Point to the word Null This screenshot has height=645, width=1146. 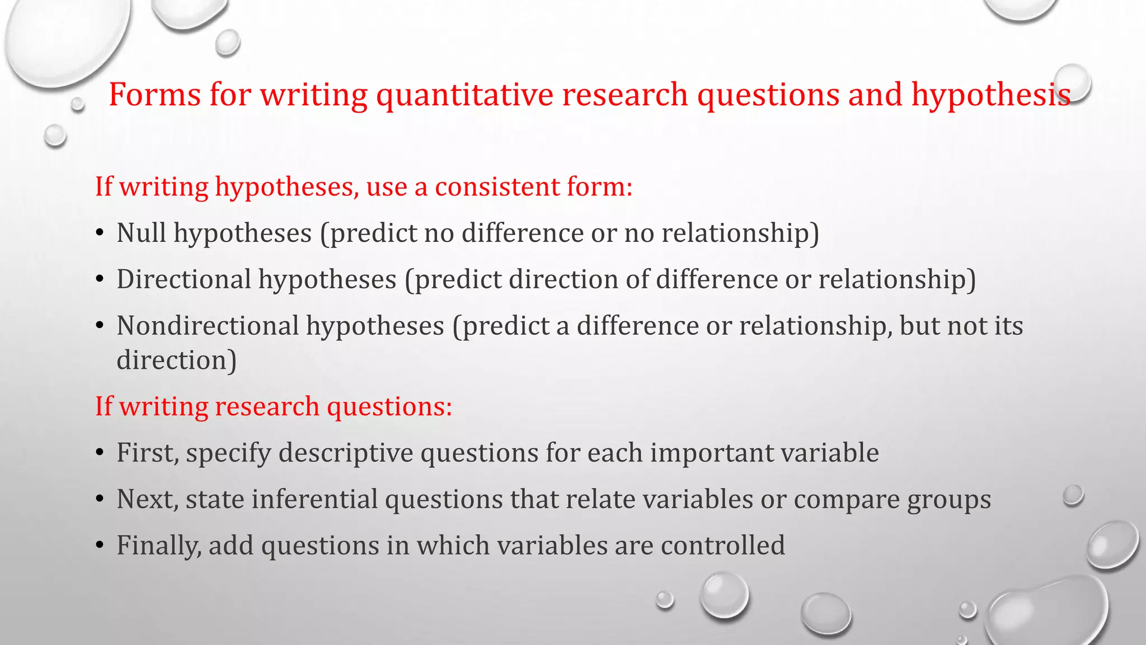(141, 232)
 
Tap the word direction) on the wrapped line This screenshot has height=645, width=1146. (176, 360)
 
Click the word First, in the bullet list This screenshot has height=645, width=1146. (148, 453)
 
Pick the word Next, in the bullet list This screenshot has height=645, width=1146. (147, 499)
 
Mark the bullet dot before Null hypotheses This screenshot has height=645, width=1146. (100, 233)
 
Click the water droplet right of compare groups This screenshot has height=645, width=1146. (1073, 496)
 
